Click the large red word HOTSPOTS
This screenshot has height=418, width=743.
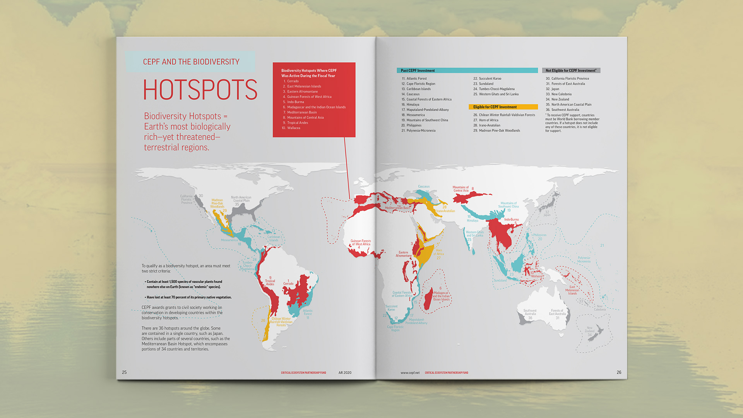200,89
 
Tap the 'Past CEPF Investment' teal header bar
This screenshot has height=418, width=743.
467,71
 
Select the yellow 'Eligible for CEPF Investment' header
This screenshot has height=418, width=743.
503,107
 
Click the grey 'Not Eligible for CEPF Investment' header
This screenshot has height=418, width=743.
571,71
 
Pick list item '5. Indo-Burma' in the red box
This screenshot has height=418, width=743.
295,102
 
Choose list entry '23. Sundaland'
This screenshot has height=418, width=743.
486,84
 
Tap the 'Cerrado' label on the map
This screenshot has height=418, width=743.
288,284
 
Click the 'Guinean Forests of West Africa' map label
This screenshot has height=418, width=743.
360,243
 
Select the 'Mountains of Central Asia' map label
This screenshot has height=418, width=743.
461,189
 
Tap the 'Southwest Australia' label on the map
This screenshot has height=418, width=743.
530,312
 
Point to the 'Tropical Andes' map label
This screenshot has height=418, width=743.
270,282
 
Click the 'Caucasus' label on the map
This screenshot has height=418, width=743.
424,186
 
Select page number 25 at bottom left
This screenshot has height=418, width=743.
124,372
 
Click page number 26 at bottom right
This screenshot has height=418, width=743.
619,372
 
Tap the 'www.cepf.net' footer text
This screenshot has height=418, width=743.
410,373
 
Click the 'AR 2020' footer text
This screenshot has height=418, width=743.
345,373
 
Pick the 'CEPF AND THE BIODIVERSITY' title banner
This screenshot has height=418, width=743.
191,62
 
